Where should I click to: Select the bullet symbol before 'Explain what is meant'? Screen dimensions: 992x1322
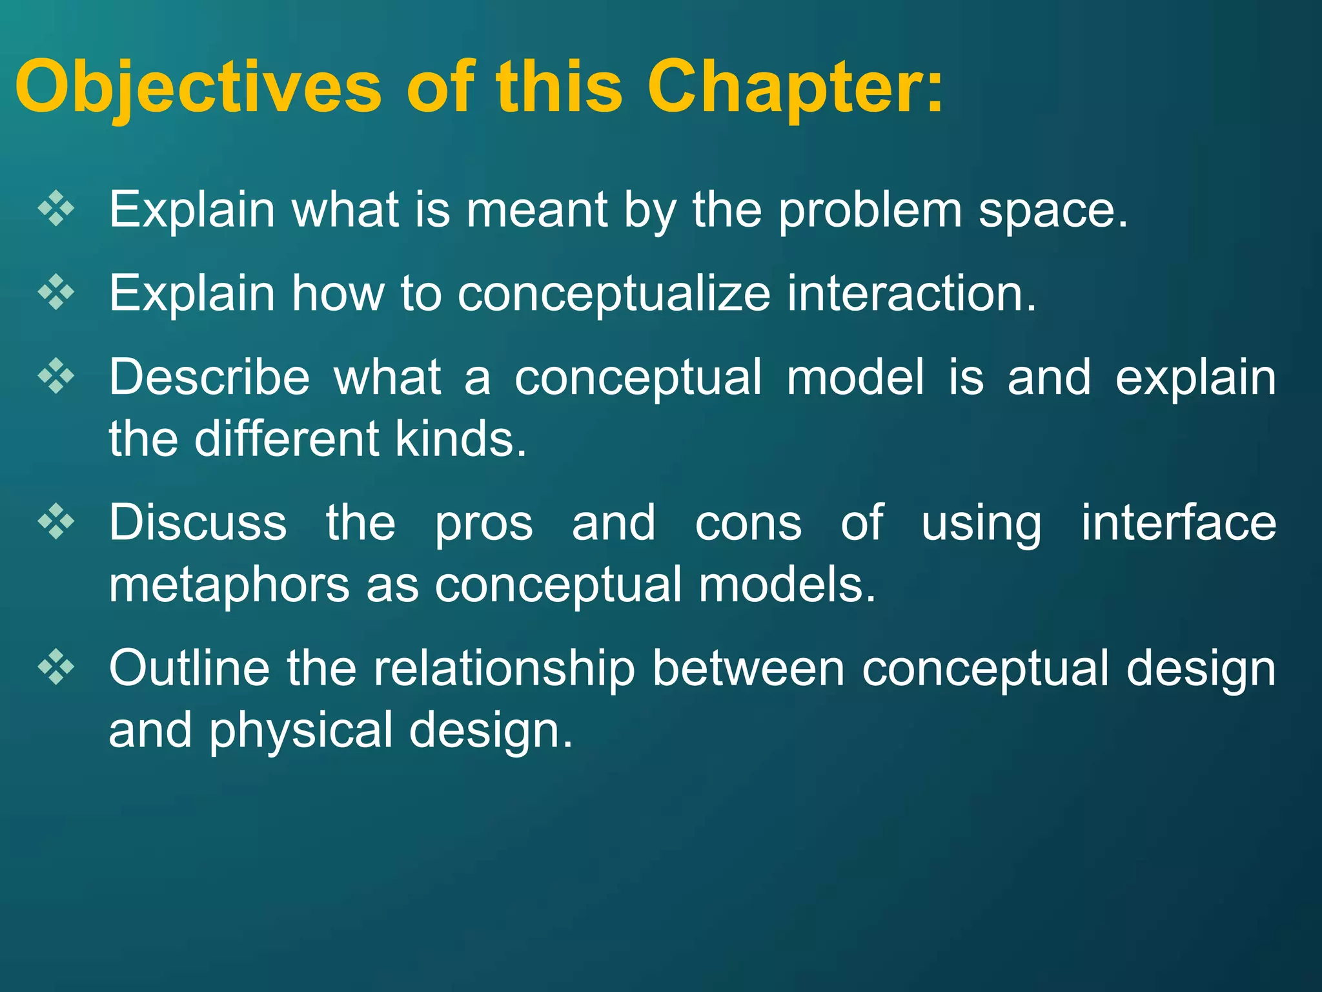[57, 209]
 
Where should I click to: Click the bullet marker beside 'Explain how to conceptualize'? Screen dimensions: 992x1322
[57, 293]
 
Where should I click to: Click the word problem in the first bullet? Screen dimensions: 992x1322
[869, 211]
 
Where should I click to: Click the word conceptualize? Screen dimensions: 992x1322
[614, 294]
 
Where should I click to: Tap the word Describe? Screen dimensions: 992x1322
[209, 377]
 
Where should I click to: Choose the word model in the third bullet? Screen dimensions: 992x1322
[855, 377]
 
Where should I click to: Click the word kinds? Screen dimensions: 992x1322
[460, 439]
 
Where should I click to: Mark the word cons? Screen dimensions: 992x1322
[748, 523]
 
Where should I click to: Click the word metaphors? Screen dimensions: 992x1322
[229, 585]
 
